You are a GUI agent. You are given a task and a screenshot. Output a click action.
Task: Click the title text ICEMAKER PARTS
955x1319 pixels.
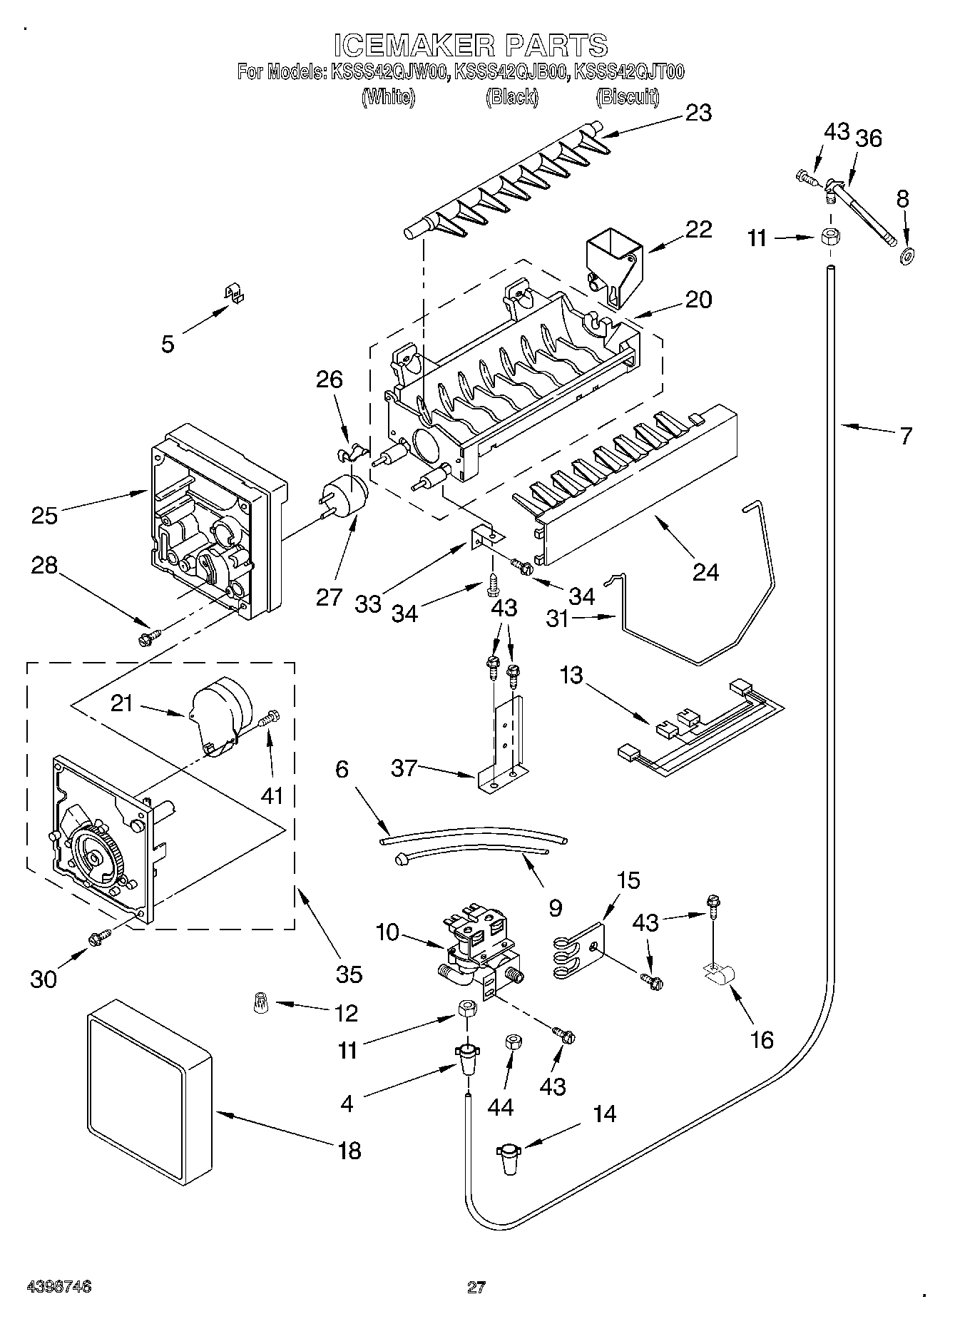coord(471,45)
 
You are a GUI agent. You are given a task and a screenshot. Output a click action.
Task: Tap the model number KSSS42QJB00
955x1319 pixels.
coord(511,72)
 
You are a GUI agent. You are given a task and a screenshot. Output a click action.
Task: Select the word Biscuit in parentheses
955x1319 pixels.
coord(627,97)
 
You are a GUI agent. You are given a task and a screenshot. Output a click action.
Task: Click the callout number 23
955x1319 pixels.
coord(698,113)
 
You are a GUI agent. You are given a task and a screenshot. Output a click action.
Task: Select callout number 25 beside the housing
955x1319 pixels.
coord(44,514)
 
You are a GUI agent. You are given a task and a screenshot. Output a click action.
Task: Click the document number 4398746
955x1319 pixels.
coord(59,1286)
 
